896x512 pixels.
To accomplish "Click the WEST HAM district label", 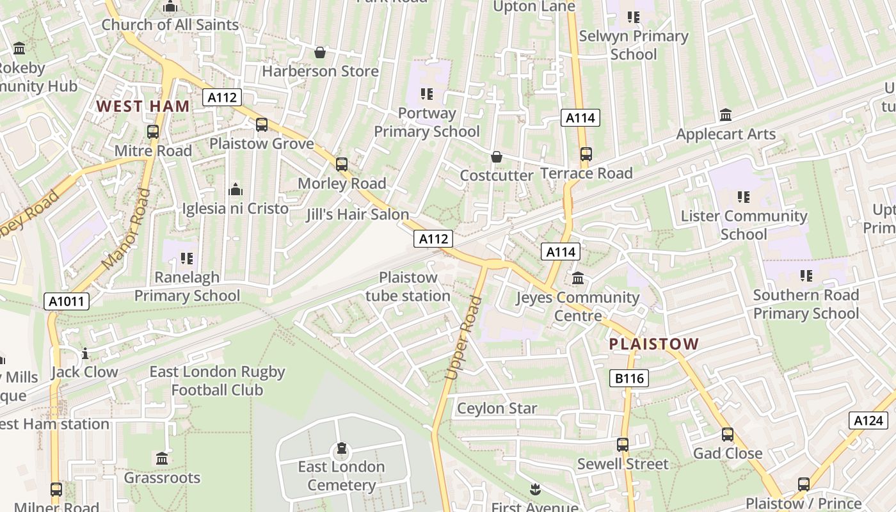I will pyautogui.click(x=143, y=106).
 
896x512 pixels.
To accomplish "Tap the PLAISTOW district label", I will pyautogui.click(x=653, y=344).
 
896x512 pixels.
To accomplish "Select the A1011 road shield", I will pyautogui.click(x=67, y=301).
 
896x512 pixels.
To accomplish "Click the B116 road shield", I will pyautogui.click(x=629, y=378).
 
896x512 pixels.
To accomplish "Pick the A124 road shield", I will pyautogui.click(x=868, y=420).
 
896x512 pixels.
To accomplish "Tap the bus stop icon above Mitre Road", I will pyautogui.click(x=152, y=132).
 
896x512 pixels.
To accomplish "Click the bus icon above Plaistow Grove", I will pyautogui.click(x=262, y=125).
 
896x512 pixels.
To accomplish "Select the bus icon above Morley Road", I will pyautogui.click(x=342, y=164).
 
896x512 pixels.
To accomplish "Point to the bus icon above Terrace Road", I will pyautogui.click(x=586, y=154).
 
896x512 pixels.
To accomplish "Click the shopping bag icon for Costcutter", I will pyautogui.click(x=496, y=157).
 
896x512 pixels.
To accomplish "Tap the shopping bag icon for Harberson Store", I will pyautogui.click(x=320, y=52).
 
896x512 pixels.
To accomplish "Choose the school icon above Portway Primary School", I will pyautogui.click(x=427, y=95).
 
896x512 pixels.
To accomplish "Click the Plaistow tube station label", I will pyautogui.click(x=408, y=287).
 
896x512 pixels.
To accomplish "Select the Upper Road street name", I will pyautogui.click(x=463, y=338).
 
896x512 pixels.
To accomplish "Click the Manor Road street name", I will pyautogui.click(x=125, y=228).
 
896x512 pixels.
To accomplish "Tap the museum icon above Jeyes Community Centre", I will pyautogui.click(x=578, y=278).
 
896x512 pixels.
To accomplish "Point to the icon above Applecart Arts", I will pyautogui.click(x=726, y=115).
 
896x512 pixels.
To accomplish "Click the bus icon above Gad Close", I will pyautogui.click(x=728, y=435).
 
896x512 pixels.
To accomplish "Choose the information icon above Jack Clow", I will pyautogui.click(x=85, y=353).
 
